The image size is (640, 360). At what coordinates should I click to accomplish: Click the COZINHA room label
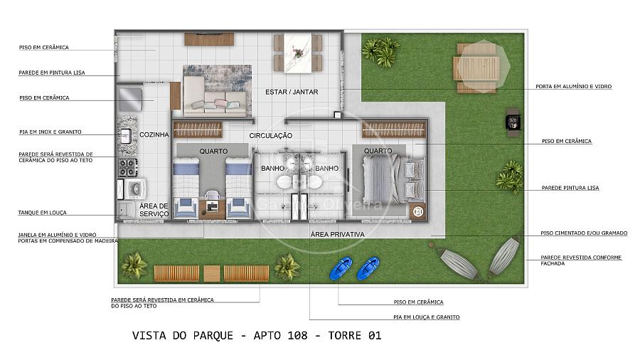pyautogui.click(x=154, y=134)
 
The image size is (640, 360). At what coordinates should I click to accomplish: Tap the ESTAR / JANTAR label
pyautogui.click(x=292, y=92)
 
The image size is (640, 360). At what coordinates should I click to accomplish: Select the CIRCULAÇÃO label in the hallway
pyautogui.click(x=271, y=135)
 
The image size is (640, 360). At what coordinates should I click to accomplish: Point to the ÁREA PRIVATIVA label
pyautogui.click(x=337, y=234)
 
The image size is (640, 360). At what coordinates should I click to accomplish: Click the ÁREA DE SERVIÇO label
pyautogui.click(x=154, y=210)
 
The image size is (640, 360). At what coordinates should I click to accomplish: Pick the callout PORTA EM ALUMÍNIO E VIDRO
pyautogui.click(x=573, y=87)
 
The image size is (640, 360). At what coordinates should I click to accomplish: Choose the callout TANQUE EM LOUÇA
pyautogui.click(x=42, y=213)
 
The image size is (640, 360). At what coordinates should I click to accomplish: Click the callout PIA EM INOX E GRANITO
pyautogui.click(x=50, y=132)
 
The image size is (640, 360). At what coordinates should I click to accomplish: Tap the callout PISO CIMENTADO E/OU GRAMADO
pyautogui.click(x=584, y=233)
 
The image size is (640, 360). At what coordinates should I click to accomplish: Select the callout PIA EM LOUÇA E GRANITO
pyautogui.click(x=427, y=317)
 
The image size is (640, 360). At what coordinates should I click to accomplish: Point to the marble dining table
pyautogui.click(x=298, y=53)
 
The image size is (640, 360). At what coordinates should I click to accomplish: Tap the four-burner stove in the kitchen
pyautogui.click(x=128, y=167)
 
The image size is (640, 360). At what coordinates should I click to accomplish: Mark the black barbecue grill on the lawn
pyautogui.click(x=513, y=122)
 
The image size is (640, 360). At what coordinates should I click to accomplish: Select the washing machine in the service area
pyautogui.click(x=135, y=189)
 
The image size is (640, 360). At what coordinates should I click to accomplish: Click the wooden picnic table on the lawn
pyautogui.click(x=476, y=68)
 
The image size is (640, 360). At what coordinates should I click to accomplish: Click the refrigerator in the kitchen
pyautogui.click(x=130, y=100)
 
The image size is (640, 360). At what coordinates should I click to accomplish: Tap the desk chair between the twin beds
pyautogui.click(x=212, y=196)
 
